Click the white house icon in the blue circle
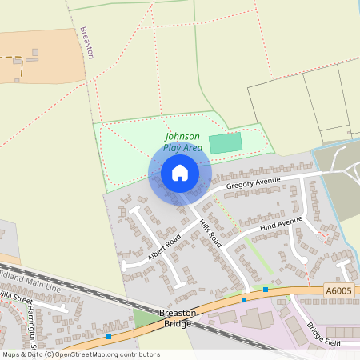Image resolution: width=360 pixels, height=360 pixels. [180, 173]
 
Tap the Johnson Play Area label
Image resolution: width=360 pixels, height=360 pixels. [182, 142]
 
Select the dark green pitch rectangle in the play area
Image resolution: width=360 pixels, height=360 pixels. [225, 144]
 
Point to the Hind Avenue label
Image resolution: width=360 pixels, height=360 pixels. [280, 224]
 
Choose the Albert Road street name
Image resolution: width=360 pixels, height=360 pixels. [162, 244]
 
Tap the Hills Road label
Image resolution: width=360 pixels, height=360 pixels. [210, 233]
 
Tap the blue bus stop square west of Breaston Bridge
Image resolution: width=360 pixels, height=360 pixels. [109, 337]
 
